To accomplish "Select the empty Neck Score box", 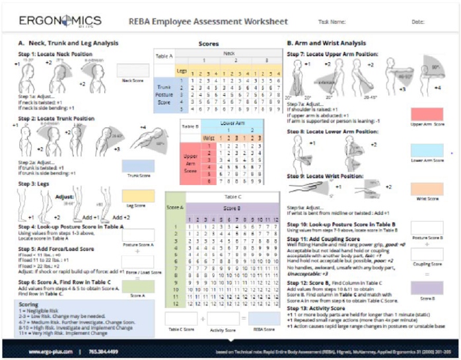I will (133, 70).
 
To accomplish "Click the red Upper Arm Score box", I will (426, 114).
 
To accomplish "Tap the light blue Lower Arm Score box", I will (426, 151).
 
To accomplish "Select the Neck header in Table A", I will (229, 53).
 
